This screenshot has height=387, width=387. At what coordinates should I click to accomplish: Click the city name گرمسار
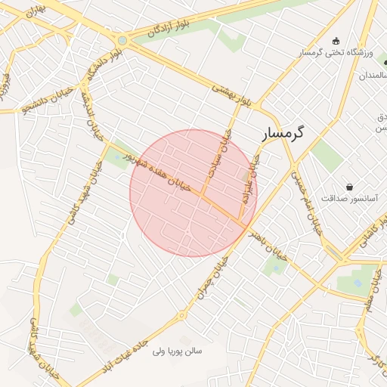click(283, 133)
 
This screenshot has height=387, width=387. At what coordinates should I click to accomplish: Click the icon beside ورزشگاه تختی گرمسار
click(336, 41)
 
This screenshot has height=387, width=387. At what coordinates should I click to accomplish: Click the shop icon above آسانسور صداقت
click(349, 186)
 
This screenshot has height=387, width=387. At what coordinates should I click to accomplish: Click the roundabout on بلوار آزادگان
click(122, 40)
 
